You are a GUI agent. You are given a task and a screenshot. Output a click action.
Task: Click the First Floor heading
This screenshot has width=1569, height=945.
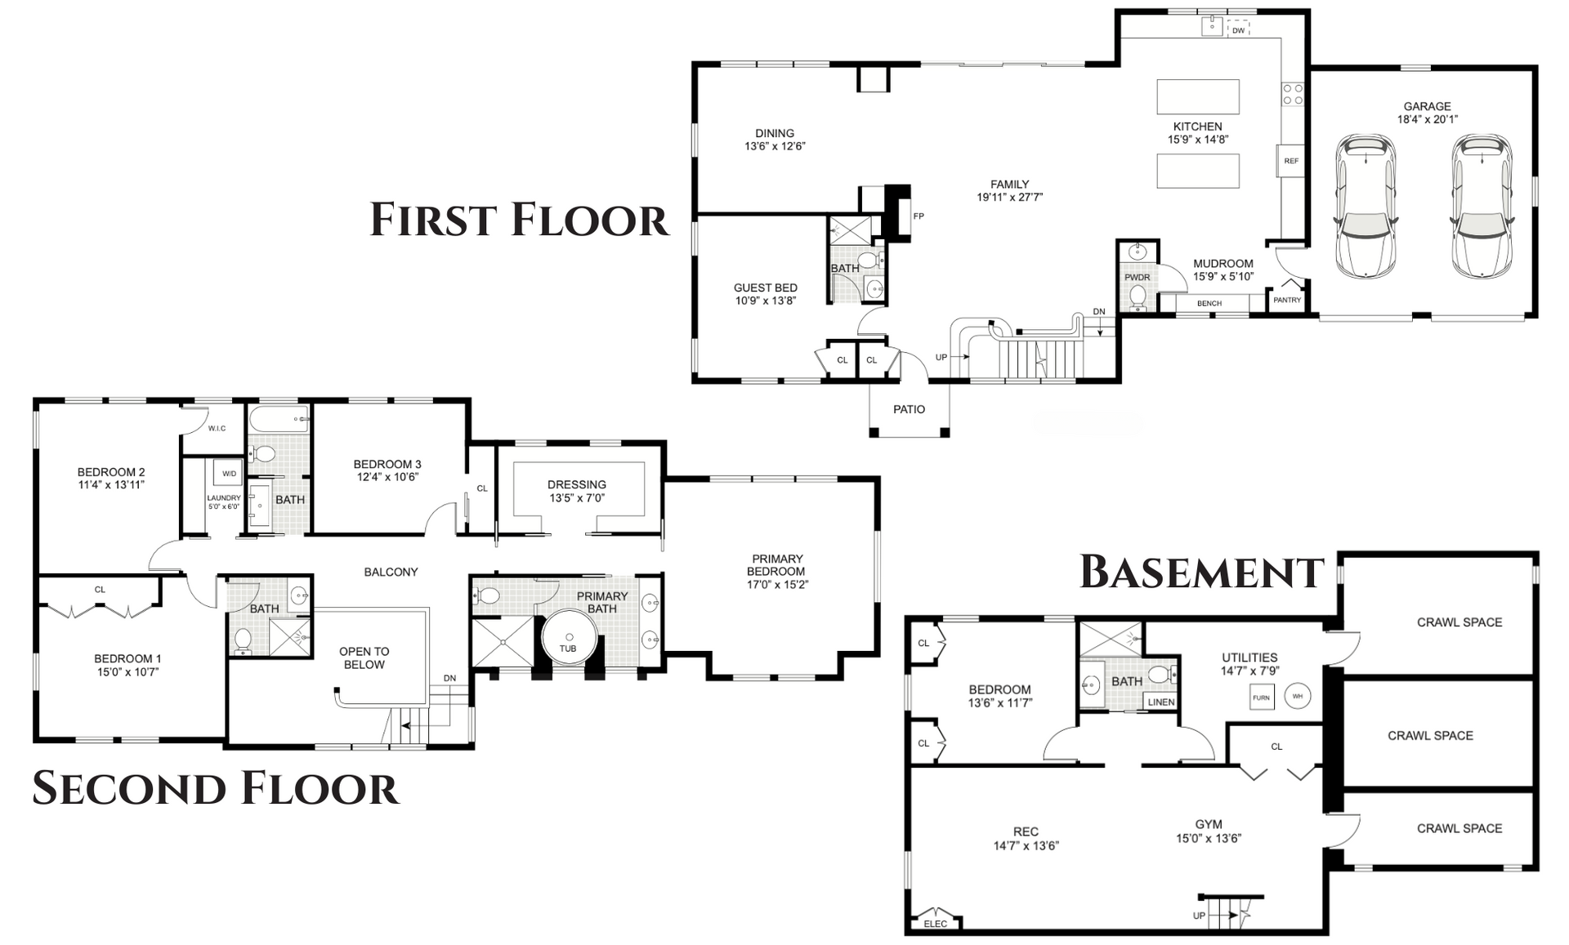520,220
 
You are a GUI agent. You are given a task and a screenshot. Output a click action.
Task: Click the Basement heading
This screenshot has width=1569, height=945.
1201,572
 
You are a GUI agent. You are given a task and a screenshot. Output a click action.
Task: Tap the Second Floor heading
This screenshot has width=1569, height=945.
216,788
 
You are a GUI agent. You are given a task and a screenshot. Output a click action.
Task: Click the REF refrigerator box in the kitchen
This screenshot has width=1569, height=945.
1291,161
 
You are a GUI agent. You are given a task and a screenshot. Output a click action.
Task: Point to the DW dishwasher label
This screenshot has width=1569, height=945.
1238,30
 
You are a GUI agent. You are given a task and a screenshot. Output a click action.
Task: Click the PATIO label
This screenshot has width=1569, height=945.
909,409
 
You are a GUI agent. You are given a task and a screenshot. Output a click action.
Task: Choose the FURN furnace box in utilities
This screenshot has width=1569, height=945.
1261,698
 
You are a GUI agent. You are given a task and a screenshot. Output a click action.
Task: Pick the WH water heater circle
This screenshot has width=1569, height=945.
1298,696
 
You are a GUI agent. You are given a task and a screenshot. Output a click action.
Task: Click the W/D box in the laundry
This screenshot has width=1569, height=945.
229,474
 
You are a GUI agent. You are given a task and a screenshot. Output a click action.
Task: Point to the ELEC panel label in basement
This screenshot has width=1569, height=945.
936,924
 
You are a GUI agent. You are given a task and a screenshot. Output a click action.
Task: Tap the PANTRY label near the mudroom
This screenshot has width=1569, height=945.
1287,300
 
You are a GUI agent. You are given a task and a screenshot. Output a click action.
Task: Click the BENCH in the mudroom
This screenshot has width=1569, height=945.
1209,303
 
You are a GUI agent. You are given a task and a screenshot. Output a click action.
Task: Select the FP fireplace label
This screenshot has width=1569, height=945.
919,216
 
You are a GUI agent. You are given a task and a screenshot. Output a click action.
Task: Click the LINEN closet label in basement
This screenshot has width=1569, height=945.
1161,702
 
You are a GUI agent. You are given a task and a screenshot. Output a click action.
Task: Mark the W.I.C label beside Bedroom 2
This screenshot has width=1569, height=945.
217,428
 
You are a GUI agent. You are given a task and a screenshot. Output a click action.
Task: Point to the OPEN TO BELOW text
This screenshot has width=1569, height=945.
364,657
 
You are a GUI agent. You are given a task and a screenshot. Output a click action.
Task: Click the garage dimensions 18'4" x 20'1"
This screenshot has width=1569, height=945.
1428,119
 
